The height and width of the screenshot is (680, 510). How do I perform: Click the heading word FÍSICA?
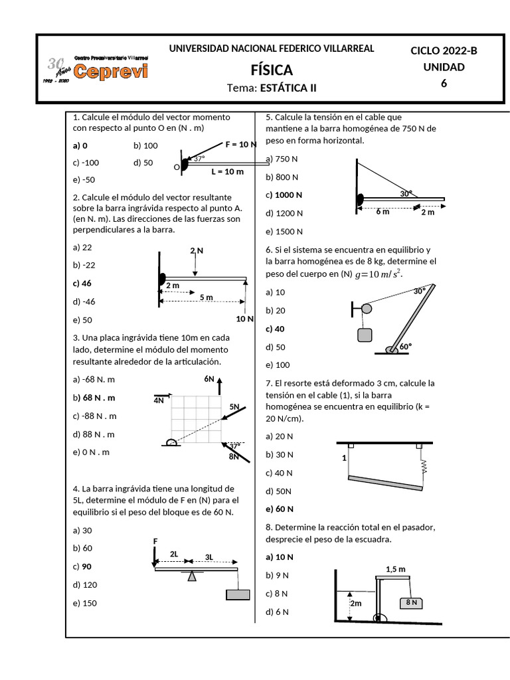(x=271, y=70)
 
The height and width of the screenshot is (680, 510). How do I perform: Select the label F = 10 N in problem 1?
(x=241, y=144)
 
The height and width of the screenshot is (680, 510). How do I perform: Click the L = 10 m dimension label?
(x=227, y=171)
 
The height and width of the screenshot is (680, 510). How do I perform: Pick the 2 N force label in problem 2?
(x=197, y=250)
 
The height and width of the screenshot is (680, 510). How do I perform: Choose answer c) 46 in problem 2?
(x=82, y=283)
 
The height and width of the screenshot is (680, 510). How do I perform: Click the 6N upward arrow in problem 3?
(x=220, y=384)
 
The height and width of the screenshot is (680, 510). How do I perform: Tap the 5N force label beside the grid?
(x=234, y=406)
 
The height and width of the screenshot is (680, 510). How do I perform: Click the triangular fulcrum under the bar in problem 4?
(x=192, y=576)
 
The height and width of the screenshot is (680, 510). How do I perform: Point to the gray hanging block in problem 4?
(x=238, y=594)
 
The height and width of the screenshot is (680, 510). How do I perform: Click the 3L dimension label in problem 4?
(x=209, y=556)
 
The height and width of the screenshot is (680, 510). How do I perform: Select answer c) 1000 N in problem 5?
(x=284, y=195)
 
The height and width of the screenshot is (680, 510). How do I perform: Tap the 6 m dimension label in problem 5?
(x=382, y=212)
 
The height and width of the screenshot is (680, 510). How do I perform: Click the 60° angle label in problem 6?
(x=405, y=347)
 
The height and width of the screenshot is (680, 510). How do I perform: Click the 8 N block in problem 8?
(x=411, y=602)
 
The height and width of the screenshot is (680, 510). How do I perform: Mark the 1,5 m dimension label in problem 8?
(x=396, y=569)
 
